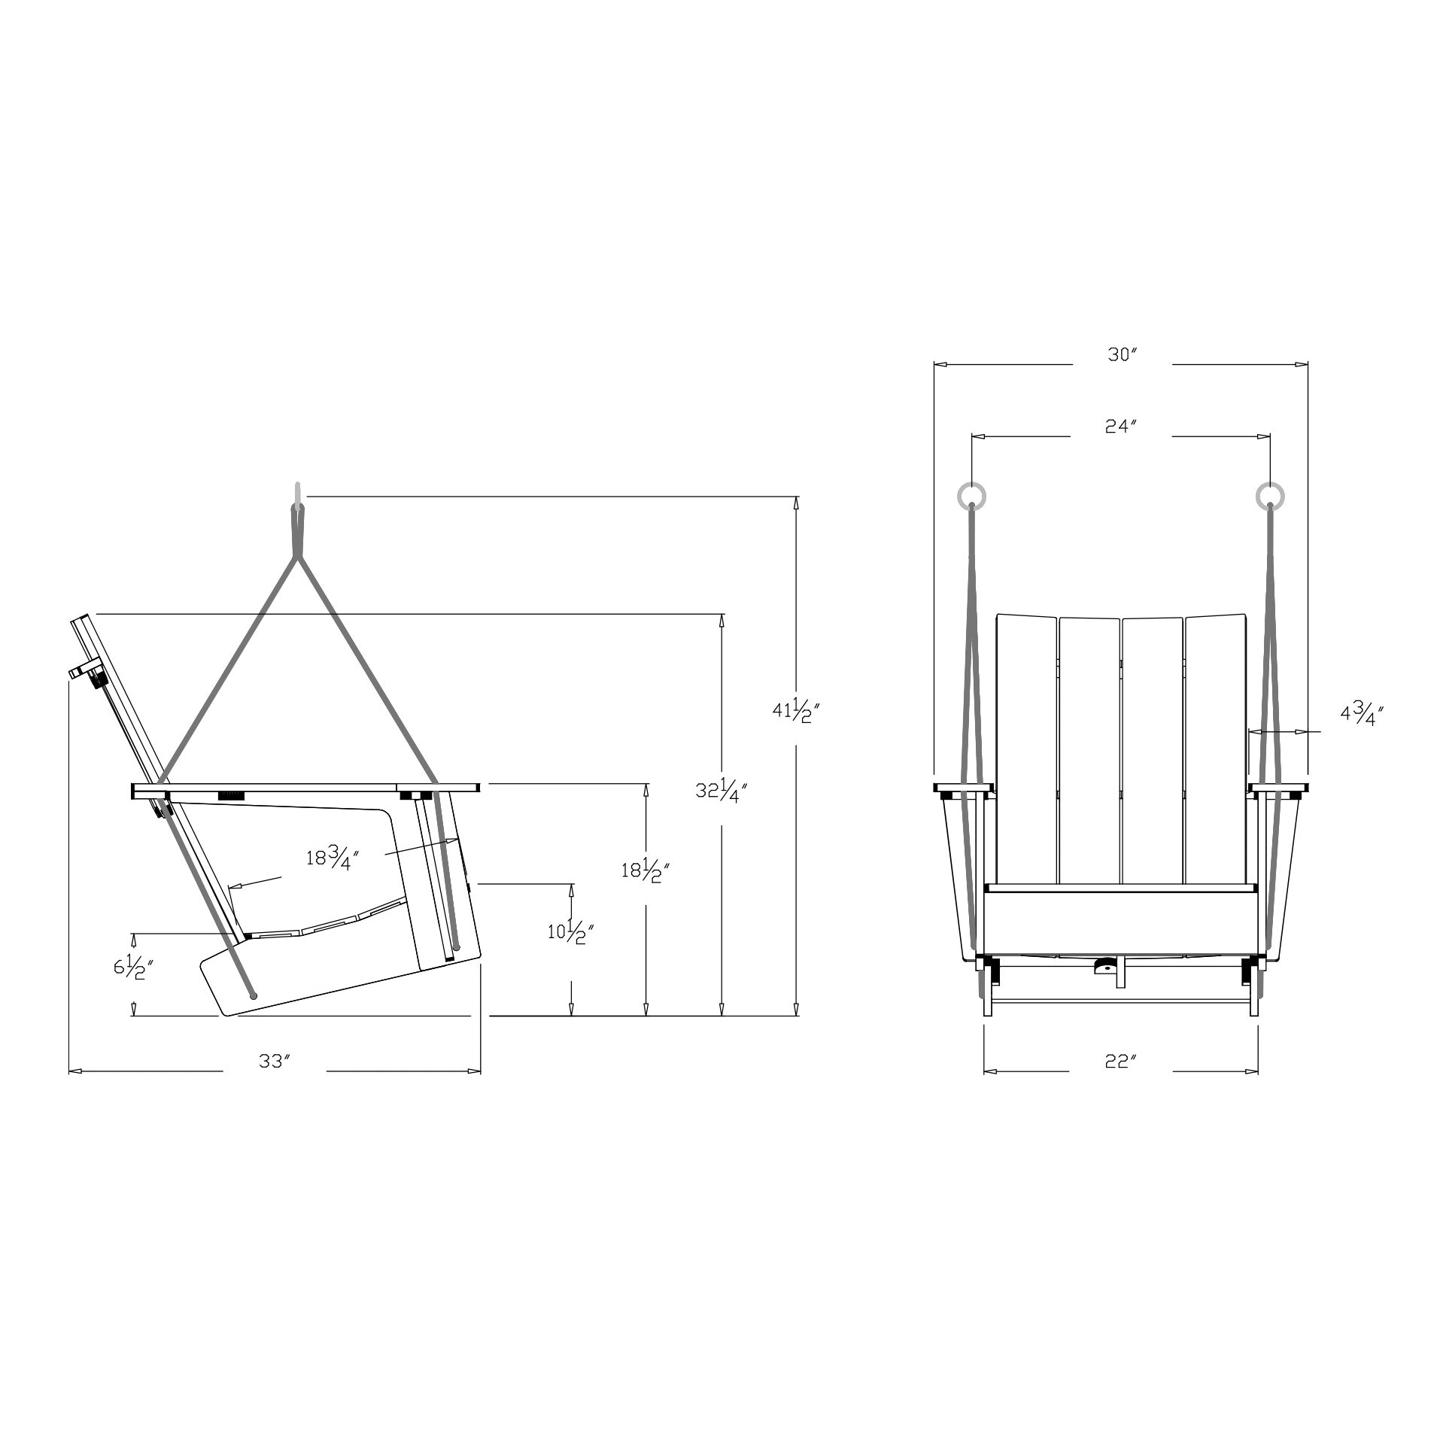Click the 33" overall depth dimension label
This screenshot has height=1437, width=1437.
[x=275, y=1061]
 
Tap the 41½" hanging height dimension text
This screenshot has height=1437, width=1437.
[x=796, y=709]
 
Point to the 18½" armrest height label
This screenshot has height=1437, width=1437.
[x=646, y=871]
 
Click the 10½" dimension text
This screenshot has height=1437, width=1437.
[x=571, y=932]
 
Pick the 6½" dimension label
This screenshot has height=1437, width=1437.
[x=134, y=967]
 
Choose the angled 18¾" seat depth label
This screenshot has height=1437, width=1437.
[x=332, y=857]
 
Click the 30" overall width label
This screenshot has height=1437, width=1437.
[x=1120, y=354]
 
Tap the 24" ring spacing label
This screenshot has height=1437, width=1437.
[x=1120, y=426]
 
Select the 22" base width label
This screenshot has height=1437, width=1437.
[x=1120, y=1061]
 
